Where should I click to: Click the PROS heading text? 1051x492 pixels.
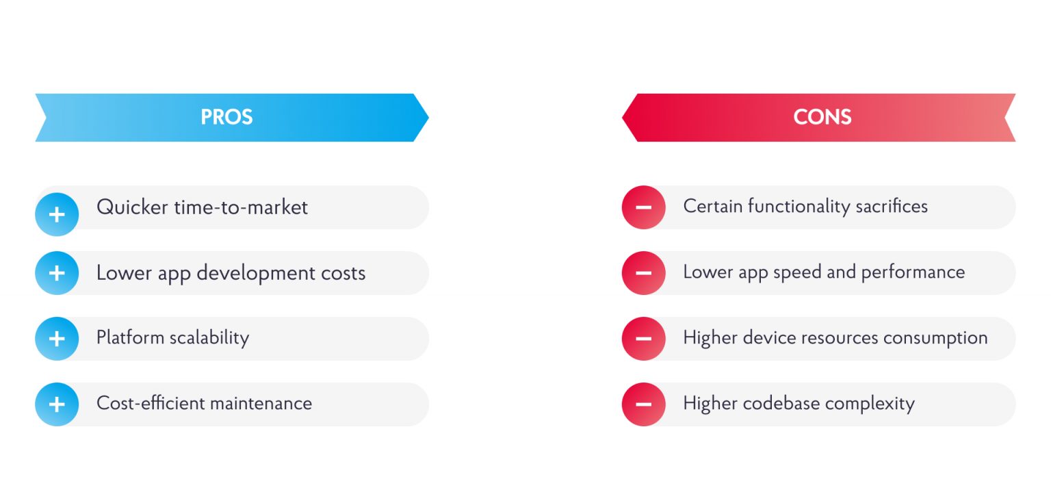pyautogui.click(x=226, y=117)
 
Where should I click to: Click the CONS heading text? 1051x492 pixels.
pyautogui.click(x=822, y=117)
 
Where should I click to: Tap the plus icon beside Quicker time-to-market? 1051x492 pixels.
pyautogui.click(x=57, y=214)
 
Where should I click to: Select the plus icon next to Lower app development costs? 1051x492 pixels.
pyautogui.click(x=57, y=273)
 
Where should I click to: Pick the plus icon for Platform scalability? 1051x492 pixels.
pyautogui.click(x=57, y=339)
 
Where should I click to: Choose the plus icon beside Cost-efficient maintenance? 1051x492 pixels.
pyautogui.click(x=57, y=404)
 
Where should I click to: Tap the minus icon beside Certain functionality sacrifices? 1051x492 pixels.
pyautogui.click(x=643, y=207)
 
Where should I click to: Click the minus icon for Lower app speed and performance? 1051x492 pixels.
pyautogui.click(x=643, y=273)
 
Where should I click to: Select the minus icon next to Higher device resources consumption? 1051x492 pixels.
pyautogui.click(x=643, y=339)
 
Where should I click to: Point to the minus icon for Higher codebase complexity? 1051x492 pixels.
pyautogui.click(x=643, y=404)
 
